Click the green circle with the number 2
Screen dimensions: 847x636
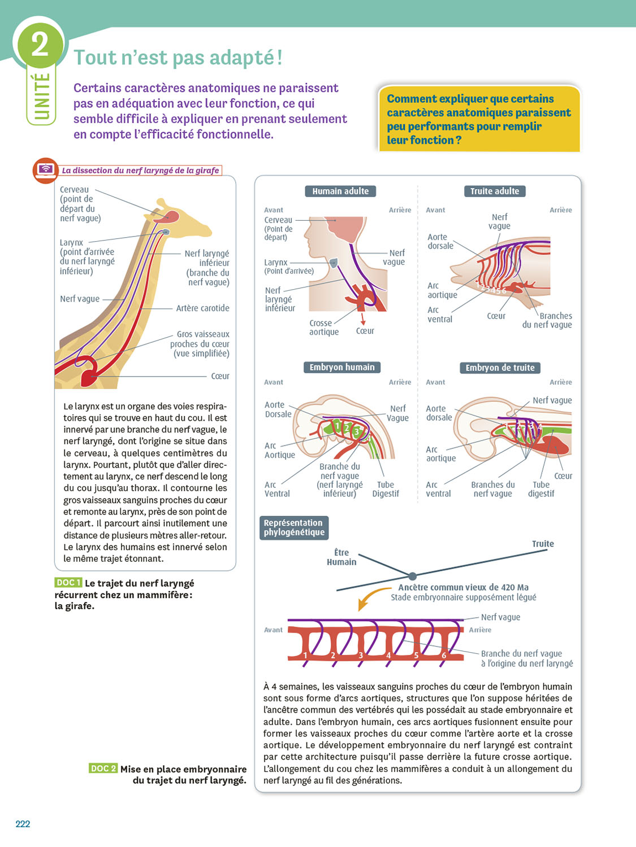click(40, 45)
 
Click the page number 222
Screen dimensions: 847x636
click(23, 824)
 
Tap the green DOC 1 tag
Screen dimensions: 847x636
click(68, 583)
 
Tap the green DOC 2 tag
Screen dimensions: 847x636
click(103, 769)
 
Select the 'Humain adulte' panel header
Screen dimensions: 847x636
click(340, 191)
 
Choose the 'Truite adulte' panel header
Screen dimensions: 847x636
click(495, 191)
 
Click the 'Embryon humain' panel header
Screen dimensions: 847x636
click(342, 367)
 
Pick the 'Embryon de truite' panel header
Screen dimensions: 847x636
click(500, 368)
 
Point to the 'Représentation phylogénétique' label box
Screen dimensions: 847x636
click(294, 527)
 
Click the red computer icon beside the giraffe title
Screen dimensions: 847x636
click(45, 170)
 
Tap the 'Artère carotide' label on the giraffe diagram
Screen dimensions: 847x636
click(202, 308)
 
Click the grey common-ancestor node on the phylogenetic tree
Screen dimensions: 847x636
click(412, 576)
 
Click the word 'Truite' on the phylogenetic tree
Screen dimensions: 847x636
click(543, 544)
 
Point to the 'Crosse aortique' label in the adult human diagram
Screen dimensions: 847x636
click(324, 328)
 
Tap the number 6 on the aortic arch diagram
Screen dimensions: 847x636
click(444, 656)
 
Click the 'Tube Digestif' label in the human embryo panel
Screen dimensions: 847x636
click(386, 489)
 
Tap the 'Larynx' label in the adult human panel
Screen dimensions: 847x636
click(276, 263)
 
